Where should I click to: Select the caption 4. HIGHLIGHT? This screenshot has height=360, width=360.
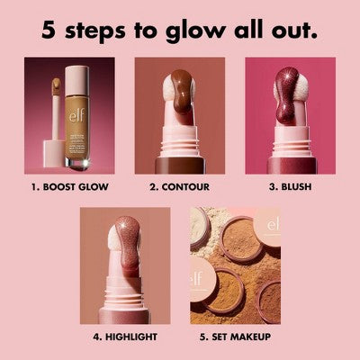(124, 337)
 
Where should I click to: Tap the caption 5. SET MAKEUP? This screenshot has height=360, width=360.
(235, 337)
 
